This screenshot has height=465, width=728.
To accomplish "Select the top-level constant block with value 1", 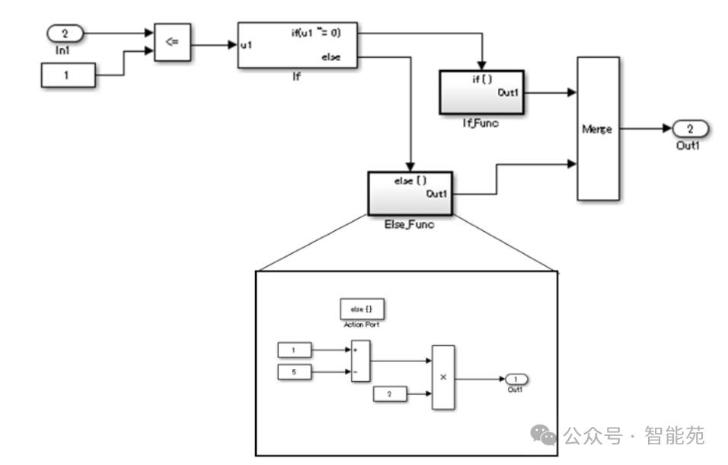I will (68, 75).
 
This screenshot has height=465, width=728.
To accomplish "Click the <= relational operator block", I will (172, 42).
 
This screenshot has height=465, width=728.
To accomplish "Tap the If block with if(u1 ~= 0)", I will (297, 45).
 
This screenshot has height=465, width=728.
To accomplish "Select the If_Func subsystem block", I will (481, 91).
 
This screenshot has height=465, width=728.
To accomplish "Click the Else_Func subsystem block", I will (410, 193).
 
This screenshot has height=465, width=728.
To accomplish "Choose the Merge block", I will (597, 129).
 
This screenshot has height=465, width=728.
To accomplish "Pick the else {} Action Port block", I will (361, 309).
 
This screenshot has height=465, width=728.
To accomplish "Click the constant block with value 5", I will (297, 372).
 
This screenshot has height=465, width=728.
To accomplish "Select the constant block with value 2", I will (390, 394).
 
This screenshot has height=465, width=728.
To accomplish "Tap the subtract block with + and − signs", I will (359, 361).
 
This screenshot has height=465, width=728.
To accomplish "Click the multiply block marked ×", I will (443, 377).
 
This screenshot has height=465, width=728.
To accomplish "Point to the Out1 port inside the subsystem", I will (516, 379).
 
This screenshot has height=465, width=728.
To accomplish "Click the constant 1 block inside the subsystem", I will (297, 350).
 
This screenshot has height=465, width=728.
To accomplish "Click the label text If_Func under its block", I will (480, 123).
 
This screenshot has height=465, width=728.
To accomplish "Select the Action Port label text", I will (361, 325).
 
